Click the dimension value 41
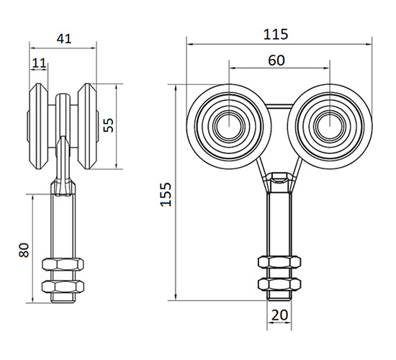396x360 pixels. click(64, 39)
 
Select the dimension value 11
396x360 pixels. click(39, 63)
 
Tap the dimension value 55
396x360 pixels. click(109, 125)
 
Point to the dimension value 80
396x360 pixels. click(24, 250)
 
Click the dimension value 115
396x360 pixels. click(276, 34)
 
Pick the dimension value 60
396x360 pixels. click(276, 60)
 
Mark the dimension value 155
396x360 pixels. click(166, 194)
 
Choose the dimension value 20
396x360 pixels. click(279, 315)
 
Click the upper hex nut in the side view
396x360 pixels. click(63, 264)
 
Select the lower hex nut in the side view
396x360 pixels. click(63, 287)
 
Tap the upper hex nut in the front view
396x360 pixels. click(279, 262)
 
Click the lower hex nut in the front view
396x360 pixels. click(279, 284)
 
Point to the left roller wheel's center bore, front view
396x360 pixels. click(229, 126)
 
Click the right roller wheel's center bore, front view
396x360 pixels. click(330, 126)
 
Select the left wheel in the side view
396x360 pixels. click(38, 126)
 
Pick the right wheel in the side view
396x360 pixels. click(87, 126)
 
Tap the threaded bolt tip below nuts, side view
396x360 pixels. click(63, 298)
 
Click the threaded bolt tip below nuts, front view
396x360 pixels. click(279, 295)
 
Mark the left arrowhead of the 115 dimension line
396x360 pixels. click(189, 44)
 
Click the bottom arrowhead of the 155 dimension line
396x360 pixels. click(176, 297)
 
